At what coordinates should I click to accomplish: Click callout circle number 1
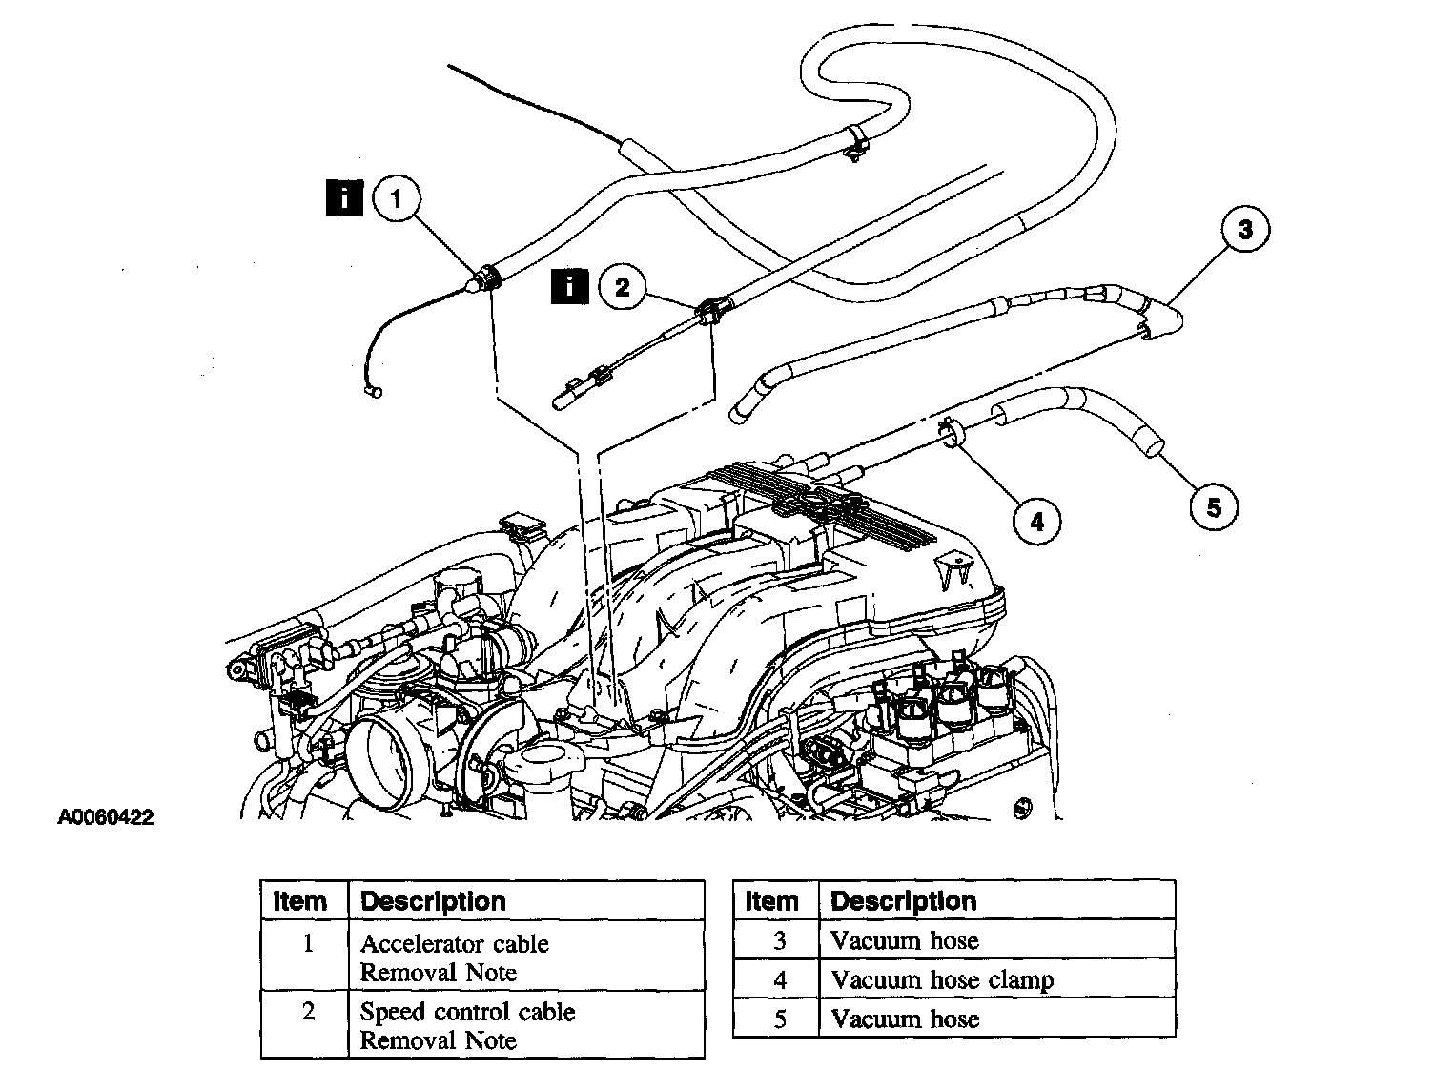(x=398, y=198)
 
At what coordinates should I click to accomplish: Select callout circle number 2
(x=623, y=286)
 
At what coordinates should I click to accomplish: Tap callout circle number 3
(x=1244, y=230)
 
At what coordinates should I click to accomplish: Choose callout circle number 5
(x=1214, y=506)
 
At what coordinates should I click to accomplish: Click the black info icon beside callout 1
(x=345, y=197)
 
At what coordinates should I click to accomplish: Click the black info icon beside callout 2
(x=570, y=285)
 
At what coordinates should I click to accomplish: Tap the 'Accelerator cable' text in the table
(x=454, y=944)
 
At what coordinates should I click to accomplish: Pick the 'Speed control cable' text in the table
(x=467, y=1012)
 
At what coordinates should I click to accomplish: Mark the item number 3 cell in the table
(x=780, y=941)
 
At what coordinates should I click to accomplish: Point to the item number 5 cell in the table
(x=780, y=1019)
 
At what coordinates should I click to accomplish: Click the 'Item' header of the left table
(x=299, y=901)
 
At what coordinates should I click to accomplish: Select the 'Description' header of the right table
(x=904, y=901)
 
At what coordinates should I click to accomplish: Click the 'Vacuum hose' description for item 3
(x=905, y=941)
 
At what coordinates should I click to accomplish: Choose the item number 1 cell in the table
(x=307, y=944)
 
